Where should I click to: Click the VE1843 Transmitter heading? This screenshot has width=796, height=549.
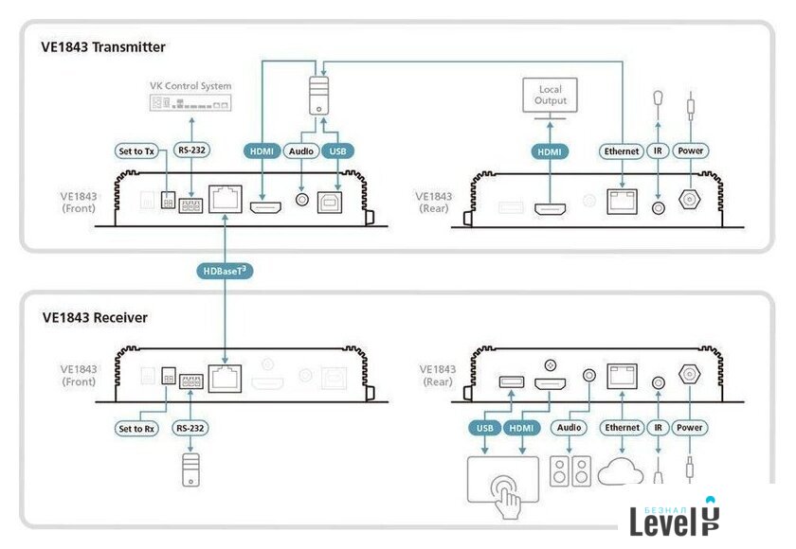pyautogui.click(x=103, y=46)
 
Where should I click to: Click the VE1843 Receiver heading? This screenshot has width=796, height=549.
pyautogui.click(x=95, y=317)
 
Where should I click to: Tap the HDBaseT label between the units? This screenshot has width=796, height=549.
pyautogui.click(x=226, y=272)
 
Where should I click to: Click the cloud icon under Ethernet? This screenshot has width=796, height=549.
pyautogui.click(x=623, y=474)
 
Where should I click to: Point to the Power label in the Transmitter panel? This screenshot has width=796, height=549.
pyautogui.click(x=691, y=151)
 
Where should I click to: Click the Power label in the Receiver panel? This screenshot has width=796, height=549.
pyautogui.click(x=691, y=428)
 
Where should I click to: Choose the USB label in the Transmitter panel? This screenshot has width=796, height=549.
pyautogui.click(x=336, y=151)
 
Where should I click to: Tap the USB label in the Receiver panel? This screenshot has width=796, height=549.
pyautogui.click(x=483, y=428)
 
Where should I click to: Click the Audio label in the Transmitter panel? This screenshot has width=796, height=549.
pyautogui.click(x=302, y=151)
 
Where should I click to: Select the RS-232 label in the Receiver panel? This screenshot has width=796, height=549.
pyautogui.click(x=190, y=428)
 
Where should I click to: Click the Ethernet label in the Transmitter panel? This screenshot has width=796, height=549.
pyautogui.click(x=622, y=151)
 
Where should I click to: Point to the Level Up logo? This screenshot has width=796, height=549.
pyautogui.click(x=675, y=518)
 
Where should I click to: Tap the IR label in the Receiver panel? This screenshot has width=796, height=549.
pyautogui.click(x=658, y=428)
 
